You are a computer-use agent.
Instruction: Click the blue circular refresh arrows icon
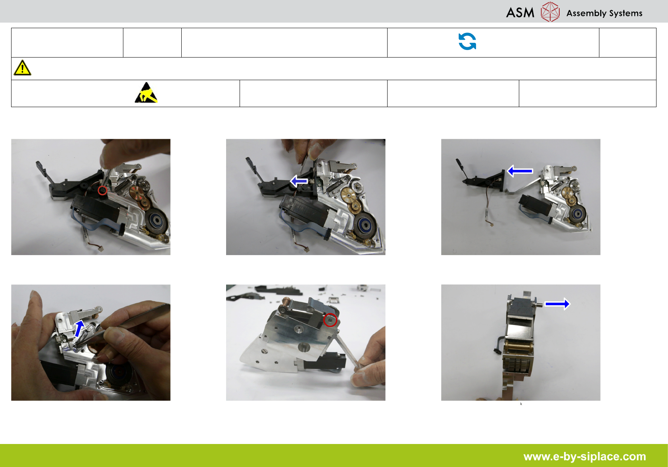(467, 41)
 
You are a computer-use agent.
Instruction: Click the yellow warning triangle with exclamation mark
(22, 68)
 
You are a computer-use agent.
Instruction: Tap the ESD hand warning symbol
(146, 93)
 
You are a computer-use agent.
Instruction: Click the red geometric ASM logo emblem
(550, 12)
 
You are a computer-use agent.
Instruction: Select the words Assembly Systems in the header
(604, 13)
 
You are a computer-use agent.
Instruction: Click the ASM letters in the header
(520, 13)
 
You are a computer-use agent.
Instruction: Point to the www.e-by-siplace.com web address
(585, 456)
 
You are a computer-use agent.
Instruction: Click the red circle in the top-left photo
(102, 190)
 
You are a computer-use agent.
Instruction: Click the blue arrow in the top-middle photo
(299, 181)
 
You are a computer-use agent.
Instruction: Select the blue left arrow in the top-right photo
(520, 171)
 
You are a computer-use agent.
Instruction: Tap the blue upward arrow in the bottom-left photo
(79, 329)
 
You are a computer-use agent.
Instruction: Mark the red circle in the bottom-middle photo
(330, 320)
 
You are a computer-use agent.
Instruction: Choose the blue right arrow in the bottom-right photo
(557, 304)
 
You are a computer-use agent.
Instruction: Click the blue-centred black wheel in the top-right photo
(578, 213)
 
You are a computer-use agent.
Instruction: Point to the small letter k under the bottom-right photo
(521, 404)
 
